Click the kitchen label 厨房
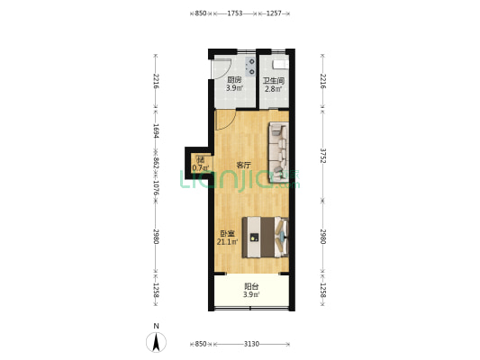tap(234, 80)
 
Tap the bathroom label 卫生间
tap(274, 81)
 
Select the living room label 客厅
tap(244, 166)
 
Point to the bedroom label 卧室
tap(228, 234)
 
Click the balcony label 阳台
tap(251, 286)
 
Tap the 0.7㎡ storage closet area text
tap(201, 168)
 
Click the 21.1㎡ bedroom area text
tap(228, 242)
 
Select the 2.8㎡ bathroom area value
tap(274, 89)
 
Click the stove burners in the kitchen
tap(249, 67)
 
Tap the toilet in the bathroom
tap(280, 65)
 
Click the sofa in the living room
tap(279, 152)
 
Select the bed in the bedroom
tap(265, 238)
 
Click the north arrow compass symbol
tap(156, 342)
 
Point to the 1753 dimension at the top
tap(235, 13)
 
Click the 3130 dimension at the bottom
tap(251, 344)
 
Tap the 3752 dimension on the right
tap(322, 156)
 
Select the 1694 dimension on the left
tap(156, 130)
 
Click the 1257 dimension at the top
tap(274, 13)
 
